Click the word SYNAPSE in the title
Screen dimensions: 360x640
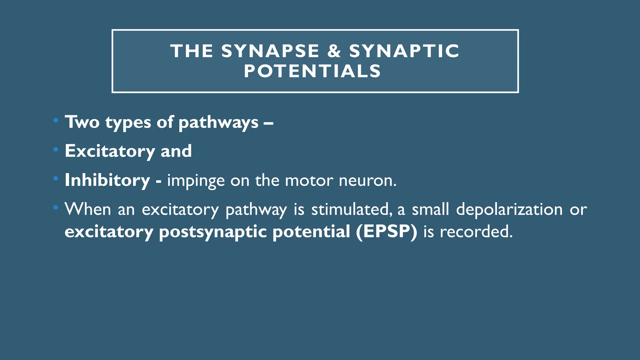point(270,51)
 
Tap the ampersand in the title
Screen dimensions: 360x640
point(334,51)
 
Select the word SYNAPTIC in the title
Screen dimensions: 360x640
point(404,51)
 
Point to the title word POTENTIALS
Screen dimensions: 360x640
point(312,71)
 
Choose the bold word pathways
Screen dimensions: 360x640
point(218,122)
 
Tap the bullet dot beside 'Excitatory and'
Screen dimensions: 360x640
point(56,149)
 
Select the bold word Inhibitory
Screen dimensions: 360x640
point(107,180)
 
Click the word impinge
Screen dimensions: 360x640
point(196,181)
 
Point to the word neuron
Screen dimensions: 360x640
point(367,181)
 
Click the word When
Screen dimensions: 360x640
point(88,209)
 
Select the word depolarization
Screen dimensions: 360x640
point(509,209)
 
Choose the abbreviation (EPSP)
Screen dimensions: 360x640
point(387,232)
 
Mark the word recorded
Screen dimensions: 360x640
point(476,232)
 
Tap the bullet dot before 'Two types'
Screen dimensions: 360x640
point(56,120)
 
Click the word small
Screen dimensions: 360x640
point(431,209)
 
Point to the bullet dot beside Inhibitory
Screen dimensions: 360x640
point(56,178)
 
